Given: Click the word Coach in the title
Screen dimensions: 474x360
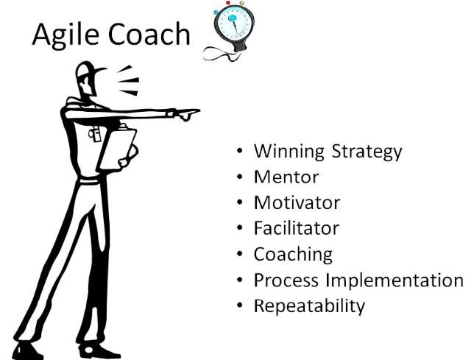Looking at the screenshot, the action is point(149,34).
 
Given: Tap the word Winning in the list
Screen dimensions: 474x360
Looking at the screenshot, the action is point(289,152).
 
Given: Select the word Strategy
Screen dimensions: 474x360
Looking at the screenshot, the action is point(367,152).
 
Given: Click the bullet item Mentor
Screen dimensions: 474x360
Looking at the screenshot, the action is point(286,177).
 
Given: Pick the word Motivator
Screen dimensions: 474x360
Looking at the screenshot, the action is point(297,202).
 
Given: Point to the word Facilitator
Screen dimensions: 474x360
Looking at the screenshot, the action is point(296,228).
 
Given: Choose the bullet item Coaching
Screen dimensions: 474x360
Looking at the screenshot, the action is point(293,255).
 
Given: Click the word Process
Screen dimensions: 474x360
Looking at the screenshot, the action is point(286,280).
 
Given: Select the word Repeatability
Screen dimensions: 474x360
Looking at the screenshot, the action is point(309,306).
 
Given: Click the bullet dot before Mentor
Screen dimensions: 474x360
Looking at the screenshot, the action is point(240,176).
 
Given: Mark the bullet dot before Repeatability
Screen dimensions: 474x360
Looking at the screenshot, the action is point(240,306).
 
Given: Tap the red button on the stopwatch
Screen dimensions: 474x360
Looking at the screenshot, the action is point(228,3).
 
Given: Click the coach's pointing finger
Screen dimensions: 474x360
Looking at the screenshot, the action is point(190,112).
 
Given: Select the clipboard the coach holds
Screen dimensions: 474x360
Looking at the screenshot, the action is point(117,147).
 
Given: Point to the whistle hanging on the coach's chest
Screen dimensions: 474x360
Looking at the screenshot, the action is point(95,134).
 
